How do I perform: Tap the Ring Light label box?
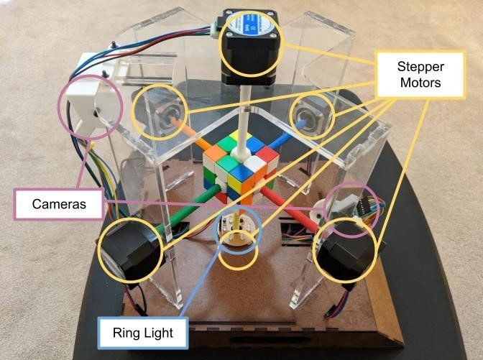[142, 333]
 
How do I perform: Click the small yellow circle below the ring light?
[237, 255]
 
